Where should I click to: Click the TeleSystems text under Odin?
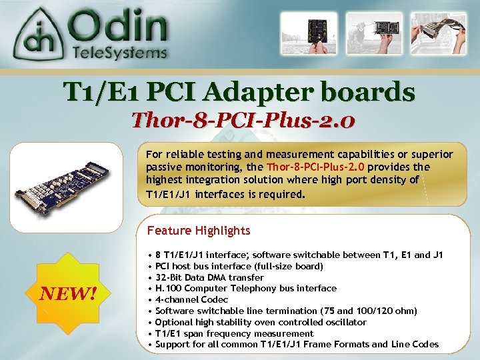pyautogui.click(x=120, y=53)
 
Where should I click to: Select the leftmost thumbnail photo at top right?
pyautogui.click(x=305, y=34)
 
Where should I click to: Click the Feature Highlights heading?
pyautogui.click(x=198, y=231)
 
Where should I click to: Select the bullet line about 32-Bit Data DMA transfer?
pyautogui.click(x=209, y=277)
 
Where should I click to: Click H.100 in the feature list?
pyautogui.click(x=167, y=289)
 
